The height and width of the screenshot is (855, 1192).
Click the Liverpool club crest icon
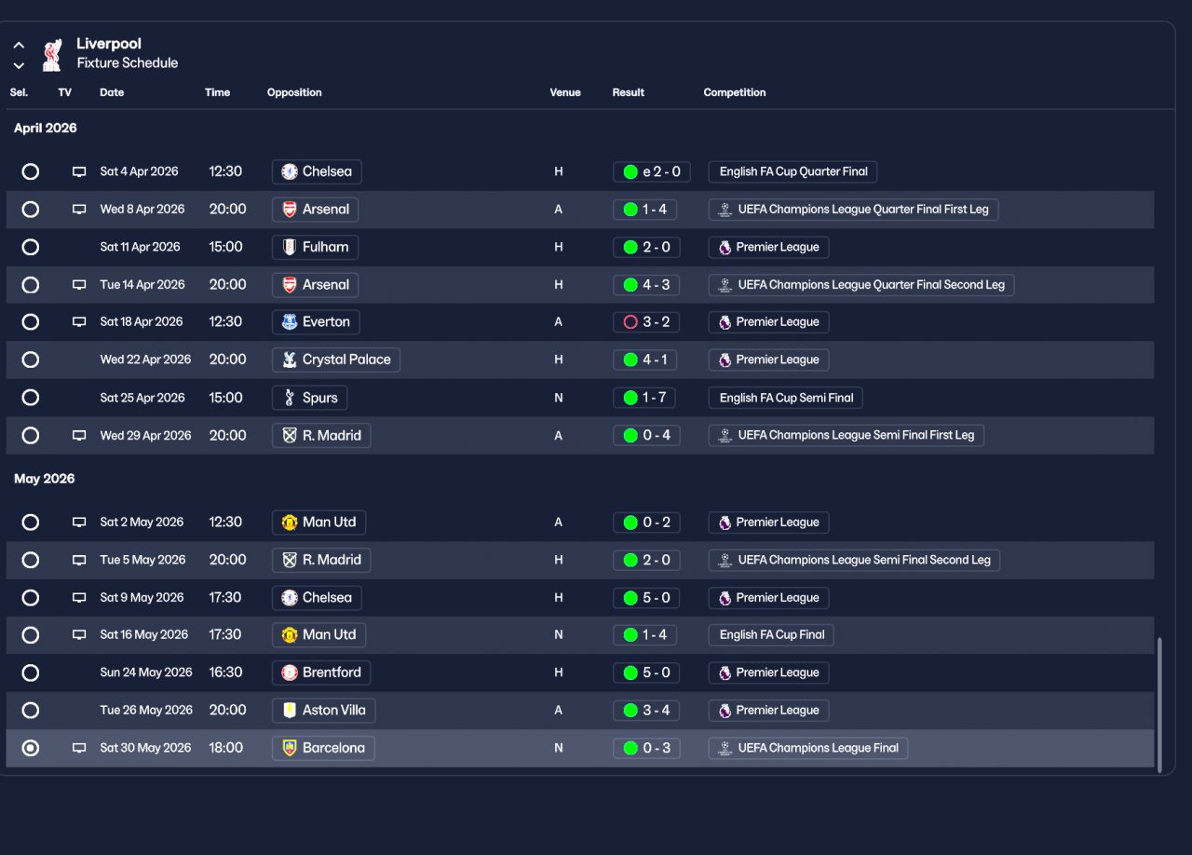click(52, 55)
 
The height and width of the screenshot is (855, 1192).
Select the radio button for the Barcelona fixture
click(31, 748)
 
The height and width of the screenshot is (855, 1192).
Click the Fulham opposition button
click(315, 247)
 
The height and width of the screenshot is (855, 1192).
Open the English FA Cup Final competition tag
click(771, 635)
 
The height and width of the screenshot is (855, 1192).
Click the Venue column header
click(564, 92)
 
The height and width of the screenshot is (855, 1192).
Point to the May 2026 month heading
click(45, 479)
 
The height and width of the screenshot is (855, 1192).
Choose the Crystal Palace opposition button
click(335, 360)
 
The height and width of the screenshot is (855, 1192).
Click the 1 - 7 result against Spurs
click(644, 398)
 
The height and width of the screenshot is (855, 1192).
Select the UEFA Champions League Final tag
click(807, 748)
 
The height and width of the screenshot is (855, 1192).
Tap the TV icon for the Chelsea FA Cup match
click(79, 172)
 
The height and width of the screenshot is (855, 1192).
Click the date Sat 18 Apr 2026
click(142, 322)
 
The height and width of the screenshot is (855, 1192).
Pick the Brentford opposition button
click(321, 672)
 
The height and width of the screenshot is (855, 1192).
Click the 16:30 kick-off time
click(226, 672)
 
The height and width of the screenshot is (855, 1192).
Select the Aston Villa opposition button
click(323, 711)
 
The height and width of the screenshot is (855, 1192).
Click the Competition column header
click(735, 92)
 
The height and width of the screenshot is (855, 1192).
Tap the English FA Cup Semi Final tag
click(785, 398)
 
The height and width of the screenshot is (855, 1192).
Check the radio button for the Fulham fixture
click(31, 247)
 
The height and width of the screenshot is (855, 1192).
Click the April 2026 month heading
click(46, 128)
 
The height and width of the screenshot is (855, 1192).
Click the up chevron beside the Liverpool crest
click(19, 45)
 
